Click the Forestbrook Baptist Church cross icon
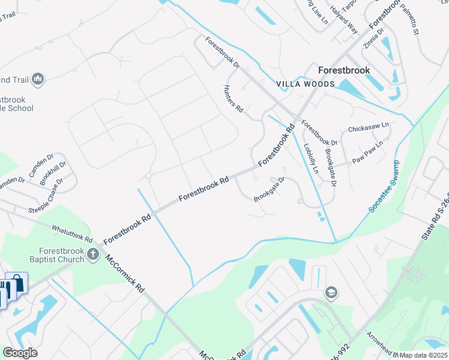tap(92, 255)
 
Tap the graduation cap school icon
tap(330, 293)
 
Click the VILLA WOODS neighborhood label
tap(305, 85)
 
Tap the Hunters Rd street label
tap(234, 99)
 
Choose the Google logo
tap(20, 353)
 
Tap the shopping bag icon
tap(17, 283)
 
